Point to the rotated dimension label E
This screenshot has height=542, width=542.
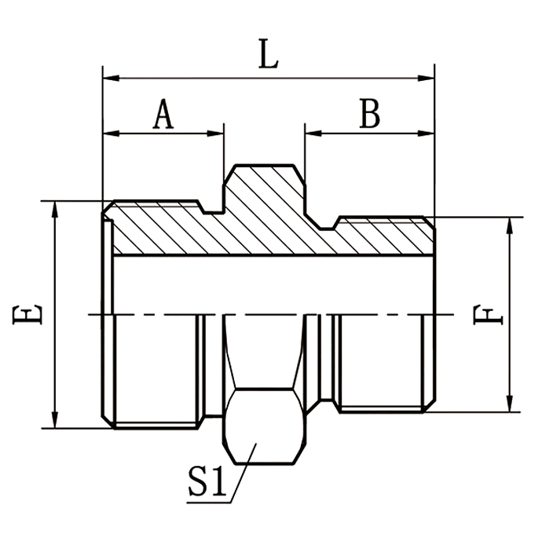29,314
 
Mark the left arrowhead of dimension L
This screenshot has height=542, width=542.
110,78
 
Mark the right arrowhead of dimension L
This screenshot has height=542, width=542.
427,78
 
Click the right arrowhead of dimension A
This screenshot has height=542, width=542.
218,133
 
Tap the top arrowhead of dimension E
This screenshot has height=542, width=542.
55,208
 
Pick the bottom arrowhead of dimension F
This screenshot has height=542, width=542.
511,404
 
